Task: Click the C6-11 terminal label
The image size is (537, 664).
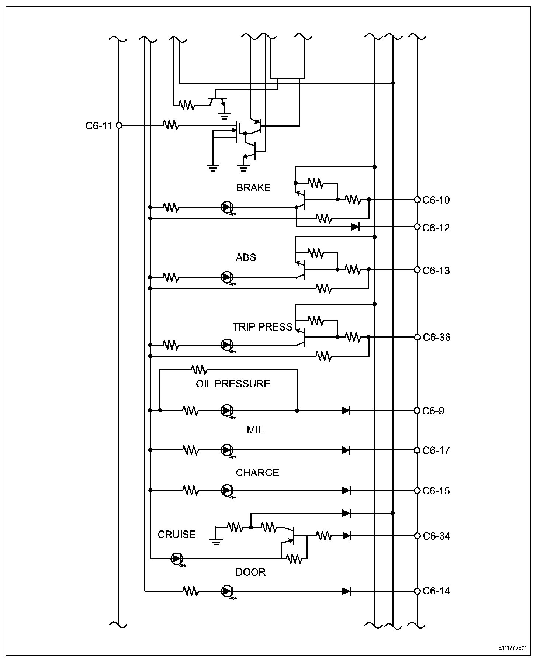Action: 98,126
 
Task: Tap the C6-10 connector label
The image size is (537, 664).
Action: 436,200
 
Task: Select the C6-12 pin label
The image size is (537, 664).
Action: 436,228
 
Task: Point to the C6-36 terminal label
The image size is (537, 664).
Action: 436,338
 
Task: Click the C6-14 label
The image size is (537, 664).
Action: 436,591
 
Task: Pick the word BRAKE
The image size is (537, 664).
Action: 253,188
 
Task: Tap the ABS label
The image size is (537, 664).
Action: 246,257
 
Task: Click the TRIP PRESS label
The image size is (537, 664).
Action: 262,327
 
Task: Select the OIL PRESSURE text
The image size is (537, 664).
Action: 233,384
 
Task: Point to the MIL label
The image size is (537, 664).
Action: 255,430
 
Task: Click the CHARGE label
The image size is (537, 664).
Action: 257,473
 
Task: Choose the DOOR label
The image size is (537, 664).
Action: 250,572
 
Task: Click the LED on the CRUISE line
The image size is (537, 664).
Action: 176,559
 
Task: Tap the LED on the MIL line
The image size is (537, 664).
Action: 227,450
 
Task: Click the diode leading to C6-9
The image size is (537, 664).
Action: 346,410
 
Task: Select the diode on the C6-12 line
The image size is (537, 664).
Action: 355,226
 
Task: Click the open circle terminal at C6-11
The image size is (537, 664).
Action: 119,125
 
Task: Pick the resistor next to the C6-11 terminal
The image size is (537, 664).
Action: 171,125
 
